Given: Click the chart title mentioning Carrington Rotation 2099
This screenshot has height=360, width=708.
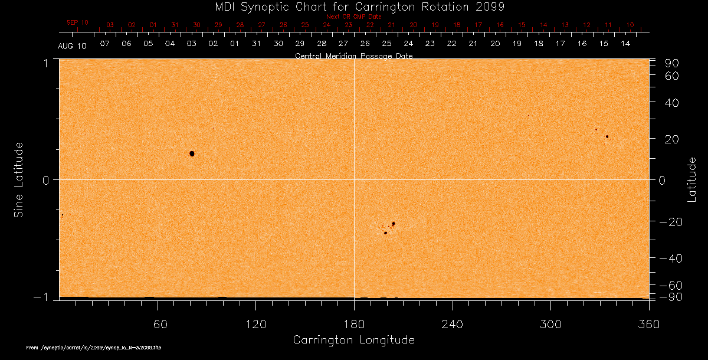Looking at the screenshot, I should point(354,7).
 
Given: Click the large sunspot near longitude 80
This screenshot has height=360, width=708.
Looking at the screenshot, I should point(192,153).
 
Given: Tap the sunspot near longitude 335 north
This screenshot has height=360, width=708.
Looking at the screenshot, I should point(607,137).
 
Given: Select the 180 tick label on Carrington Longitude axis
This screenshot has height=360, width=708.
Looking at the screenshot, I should point(354,324).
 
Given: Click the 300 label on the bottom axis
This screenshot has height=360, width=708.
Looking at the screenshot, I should point(550,324).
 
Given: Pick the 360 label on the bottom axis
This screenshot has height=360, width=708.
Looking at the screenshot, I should point(648,324).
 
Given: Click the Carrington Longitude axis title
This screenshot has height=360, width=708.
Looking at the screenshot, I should point(354,340).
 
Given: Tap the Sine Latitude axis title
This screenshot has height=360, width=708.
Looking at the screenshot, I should point(19,179).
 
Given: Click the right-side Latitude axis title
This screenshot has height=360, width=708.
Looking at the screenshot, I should point(691,179).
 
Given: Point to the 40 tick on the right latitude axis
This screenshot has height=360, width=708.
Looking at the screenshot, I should point(672,103).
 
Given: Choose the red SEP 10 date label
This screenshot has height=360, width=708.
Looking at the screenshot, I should point(77,22).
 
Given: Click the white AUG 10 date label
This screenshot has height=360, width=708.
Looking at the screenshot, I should point(72,46).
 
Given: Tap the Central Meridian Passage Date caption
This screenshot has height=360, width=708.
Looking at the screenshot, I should point(354,56).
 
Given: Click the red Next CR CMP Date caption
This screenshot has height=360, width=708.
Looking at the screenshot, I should point(354,17).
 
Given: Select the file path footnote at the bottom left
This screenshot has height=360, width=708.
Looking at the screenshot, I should point(94,348).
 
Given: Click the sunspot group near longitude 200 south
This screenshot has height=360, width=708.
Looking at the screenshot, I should point(389,228).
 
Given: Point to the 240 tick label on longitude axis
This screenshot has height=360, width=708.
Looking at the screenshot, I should point(453,324).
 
